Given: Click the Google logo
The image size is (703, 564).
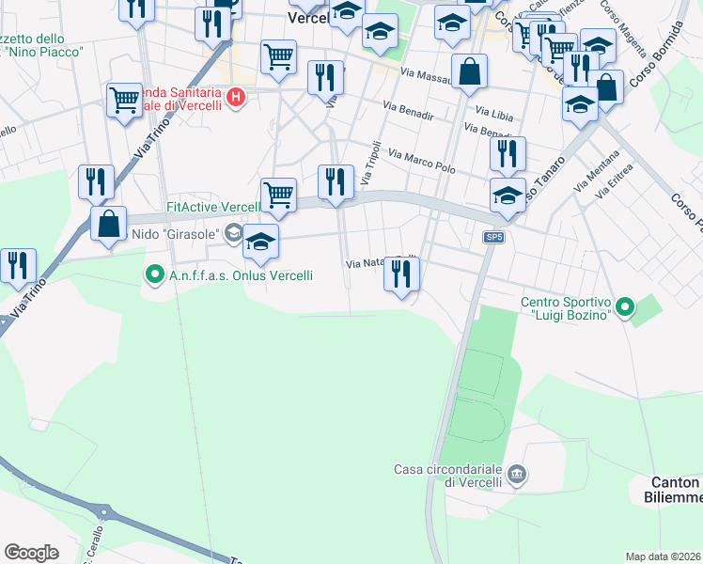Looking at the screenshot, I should pyautogui.click(x=31, y=553).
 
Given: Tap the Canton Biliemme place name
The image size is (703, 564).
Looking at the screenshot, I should pyautogui.click(x=676, y=490).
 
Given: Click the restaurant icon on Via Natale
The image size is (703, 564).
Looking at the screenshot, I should pyautogui.click(x=401, y=274).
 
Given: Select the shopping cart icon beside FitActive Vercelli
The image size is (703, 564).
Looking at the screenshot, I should pyautogui.click(x=278, y=195).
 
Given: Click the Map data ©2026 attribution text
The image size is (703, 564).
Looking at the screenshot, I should pyautogui.click(x=662, y=556).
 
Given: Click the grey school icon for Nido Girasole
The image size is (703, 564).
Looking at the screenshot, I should pyautogui.click(x=232, y=233).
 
